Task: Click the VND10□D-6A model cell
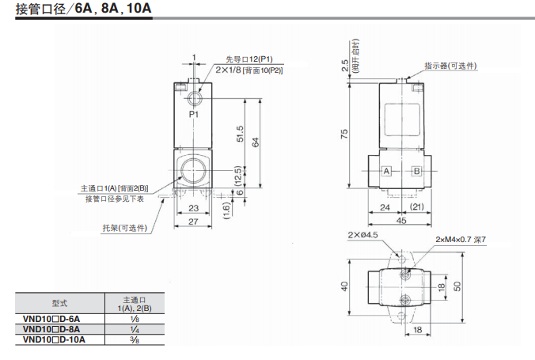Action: point(51,319)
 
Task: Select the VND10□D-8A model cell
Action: point(51,329)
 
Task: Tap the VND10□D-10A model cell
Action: point(54,340)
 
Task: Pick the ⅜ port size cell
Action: point(135,340)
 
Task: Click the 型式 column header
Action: point(59,303)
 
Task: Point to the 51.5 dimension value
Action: point(240,134)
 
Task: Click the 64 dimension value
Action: point(255,142)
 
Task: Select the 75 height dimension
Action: point(344,134)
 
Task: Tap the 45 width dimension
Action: point(401,221)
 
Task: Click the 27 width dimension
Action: point(193,222)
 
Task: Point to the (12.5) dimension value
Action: point(238,176)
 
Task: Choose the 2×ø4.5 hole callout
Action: point(362,235)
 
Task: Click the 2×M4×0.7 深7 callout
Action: point(461,240)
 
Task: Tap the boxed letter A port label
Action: point(386,171)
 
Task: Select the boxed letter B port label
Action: point(416,171)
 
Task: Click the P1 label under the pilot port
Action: point(193,114)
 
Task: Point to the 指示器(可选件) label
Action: point(450,66)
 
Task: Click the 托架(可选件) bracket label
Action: point(125,228)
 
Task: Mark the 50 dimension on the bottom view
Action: point(457,286)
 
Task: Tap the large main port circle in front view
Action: point(193,170)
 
